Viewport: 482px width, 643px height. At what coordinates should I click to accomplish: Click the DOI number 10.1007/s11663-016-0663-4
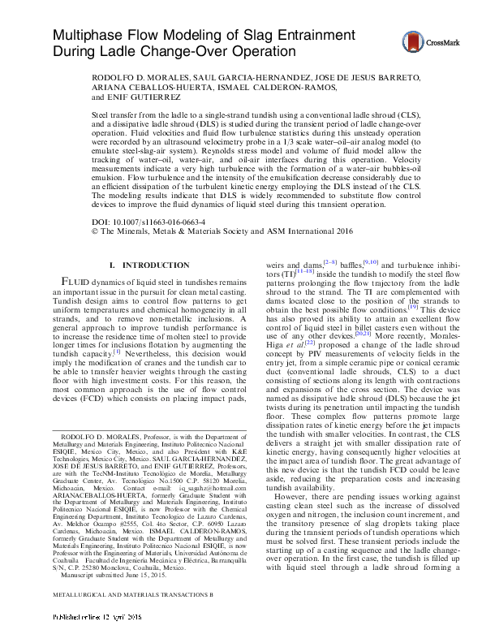[159, 222]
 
